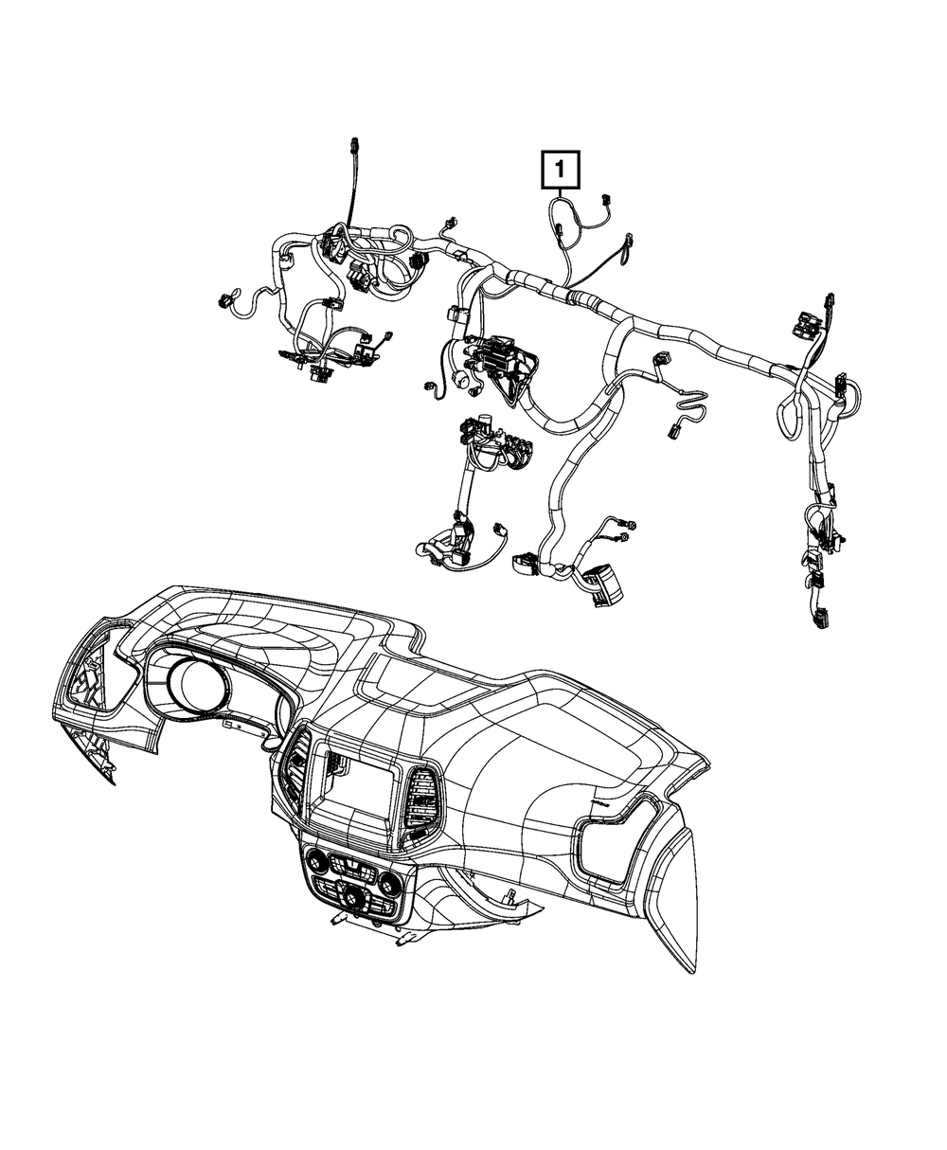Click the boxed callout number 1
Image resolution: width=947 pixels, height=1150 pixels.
(560, 171)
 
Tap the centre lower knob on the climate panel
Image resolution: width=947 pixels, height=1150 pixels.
(353, 895)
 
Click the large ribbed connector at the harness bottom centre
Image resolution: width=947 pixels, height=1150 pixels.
(600, 583)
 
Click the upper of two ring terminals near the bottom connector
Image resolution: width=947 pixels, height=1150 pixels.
(630, 526)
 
